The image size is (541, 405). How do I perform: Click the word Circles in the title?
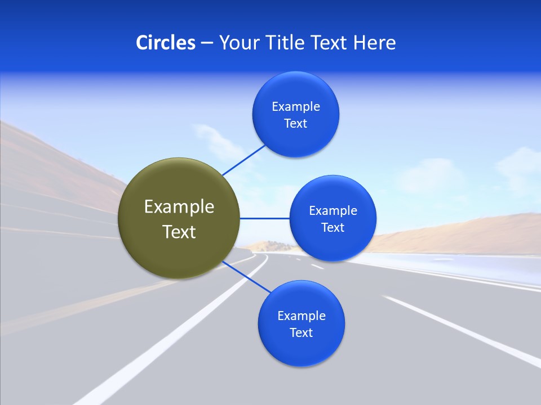165,43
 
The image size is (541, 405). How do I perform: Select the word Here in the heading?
375,43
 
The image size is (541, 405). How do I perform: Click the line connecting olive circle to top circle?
243,160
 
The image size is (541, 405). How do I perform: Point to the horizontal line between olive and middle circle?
265,218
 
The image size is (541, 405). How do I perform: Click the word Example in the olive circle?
179,207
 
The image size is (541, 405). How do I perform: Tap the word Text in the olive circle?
179,232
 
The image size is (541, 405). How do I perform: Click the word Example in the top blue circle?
296,106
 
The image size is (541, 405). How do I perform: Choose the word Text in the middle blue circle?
333,227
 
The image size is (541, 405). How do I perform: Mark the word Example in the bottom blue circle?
301,316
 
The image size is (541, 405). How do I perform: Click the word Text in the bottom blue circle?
301,332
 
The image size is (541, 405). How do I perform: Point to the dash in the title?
206,43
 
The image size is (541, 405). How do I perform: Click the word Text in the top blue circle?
296,123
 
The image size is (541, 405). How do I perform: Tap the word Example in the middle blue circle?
333,210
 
